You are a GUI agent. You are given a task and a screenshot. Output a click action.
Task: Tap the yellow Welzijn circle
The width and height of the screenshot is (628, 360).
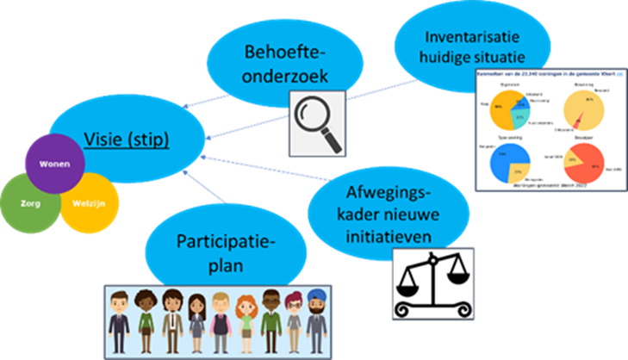pos(90,204)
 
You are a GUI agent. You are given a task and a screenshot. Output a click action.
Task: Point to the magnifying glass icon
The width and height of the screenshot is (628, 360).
pos(314,118)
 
